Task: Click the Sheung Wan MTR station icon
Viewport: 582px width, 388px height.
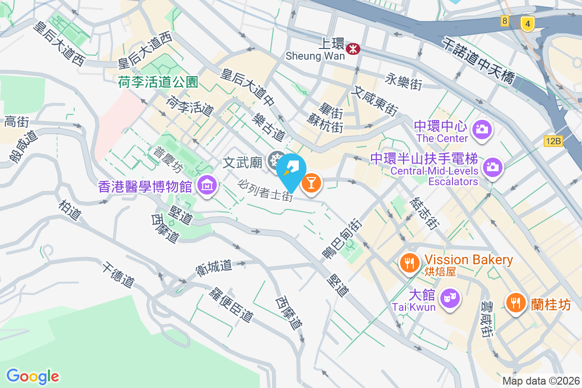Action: (353, 48)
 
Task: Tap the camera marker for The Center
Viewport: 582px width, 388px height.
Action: (484, 129)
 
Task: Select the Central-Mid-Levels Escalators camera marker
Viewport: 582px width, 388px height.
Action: (492, 166)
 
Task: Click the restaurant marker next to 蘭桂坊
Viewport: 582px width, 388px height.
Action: (515, 303)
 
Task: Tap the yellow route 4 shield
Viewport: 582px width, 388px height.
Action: (527, 22)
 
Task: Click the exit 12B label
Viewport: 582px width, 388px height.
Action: (553, 141)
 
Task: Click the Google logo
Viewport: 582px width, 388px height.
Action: (32, 376)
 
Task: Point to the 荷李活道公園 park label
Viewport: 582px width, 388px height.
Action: (158, 82)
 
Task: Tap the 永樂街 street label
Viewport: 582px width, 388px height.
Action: (403, 81)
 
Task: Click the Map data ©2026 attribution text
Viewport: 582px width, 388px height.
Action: (541, 381)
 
